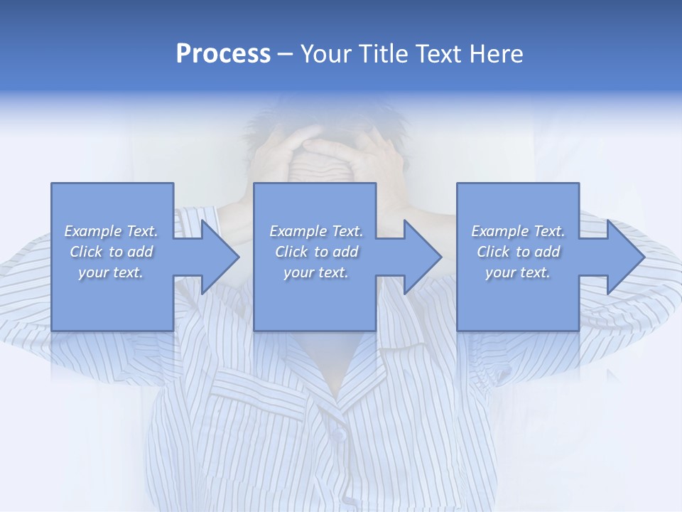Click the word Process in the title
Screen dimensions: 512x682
coord(223,54)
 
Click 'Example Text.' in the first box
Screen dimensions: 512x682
coord(111,231)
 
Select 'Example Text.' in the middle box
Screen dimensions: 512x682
coord(315,231)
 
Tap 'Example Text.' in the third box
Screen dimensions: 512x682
coord(518,231)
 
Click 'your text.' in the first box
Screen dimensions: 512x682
coord(111,272)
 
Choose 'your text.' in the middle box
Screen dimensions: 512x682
coord(315,272)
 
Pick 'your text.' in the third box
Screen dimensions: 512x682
coord(518,272)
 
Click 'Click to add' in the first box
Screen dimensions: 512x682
coord(111,252)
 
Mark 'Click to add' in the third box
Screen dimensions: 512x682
coord(518,252)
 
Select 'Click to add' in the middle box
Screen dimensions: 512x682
coord(315,252)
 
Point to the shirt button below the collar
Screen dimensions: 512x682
coord(340,433)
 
